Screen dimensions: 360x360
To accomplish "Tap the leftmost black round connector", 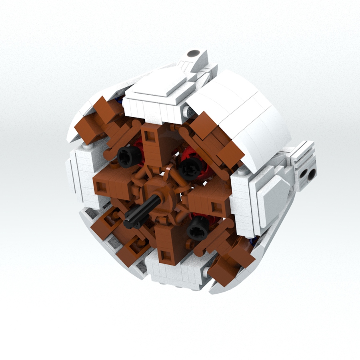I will [127, 156].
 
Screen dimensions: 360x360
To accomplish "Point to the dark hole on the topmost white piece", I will [194, 53].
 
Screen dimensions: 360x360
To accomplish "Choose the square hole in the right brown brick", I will [216, 206].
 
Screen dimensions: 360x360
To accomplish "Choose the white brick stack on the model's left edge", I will [82, 176].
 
